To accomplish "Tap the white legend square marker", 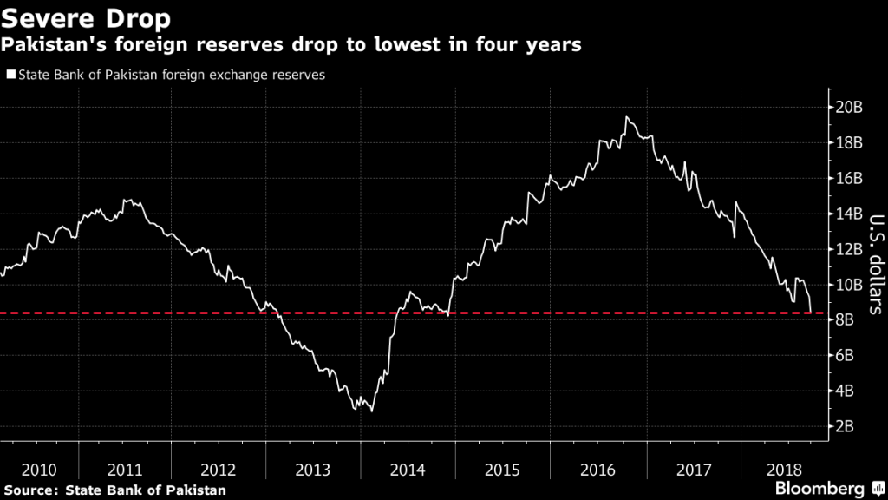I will coord(10,76).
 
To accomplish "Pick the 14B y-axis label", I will coord(849,214).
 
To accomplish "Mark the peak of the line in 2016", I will coord(626,117).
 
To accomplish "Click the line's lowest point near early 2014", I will coord(372,410).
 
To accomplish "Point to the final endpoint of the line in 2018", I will coord(811,312).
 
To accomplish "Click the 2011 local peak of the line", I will coord(127,201).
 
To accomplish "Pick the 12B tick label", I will coord(849,249).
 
